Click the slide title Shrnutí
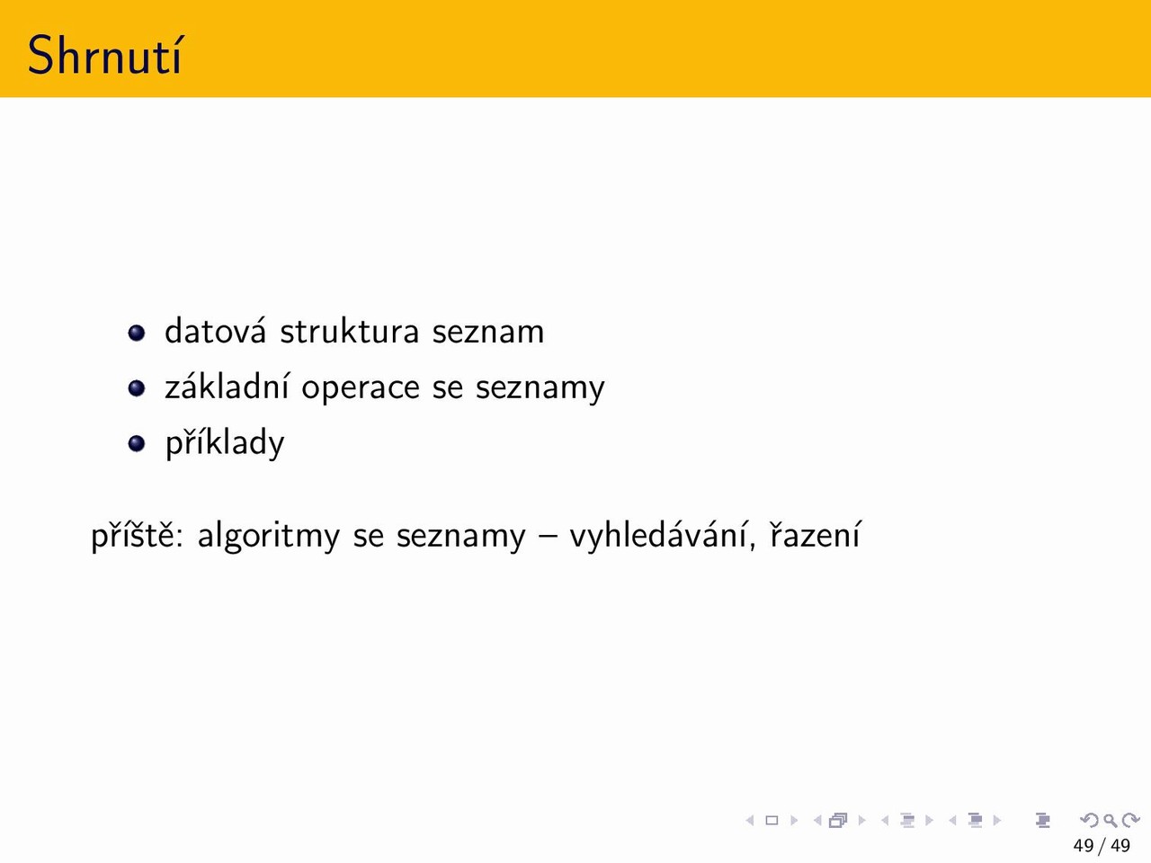[105, 55]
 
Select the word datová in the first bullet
[216, 331]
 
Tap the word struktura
[350, 331]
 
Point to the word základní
[227, 387]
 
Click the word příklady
[225, 443]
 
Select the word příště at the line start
[138, 536]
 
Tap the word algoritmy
[269, 536]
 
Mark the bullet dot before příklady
[137, 444]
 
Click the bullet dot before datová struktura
[137, 333]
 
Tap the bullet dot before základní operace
[137, 388]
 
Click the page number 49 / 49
[1102, 845]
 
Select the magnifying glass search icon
[1110, 820]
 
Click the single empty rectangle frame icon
[772, 820]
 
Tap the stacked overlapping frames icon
[838, 820]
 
